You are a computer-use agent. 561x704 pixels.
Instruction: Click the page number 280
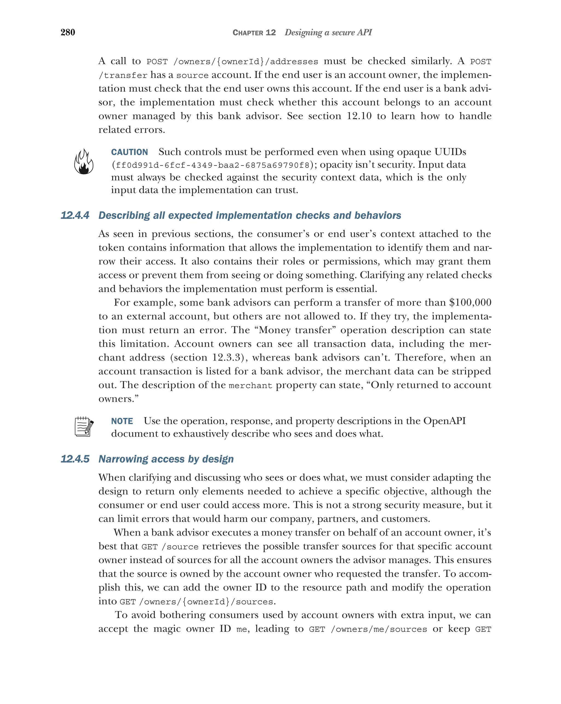click(68, 32)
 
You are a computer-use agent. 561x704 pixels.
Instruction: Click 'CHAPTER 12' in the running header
click(254, 33)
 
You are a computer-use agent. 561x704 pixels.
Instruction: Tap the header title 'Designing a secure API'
click(328, 32)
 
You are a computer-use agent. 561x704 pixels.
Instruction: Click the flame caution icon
click(84, 162)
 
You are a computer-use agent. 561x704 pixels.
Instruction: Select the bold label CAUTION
click(129, 152)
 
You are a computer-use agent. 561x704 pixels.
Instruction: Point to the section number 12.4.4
click(75, 215)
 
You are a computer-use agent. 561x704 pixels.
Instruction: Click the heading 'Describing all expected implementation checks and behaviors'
click(250, 215)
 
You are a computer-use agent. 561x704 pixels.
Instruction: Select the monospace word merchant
click(250, 386)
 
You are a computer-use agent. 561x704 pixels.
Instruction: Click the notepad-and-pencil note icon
click(84, 426)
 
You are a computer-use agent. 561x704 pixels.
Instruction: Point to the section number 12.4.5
click(75, 459)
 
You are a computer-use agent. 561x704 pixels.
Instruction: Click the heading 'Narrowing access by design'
click(166, 459)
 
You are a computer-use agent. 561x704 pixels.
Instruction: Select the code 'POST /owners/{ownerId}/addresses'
click(232, 62)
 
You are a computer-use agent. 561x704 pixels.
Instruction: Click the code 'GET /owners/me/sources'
click(368, 629)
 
